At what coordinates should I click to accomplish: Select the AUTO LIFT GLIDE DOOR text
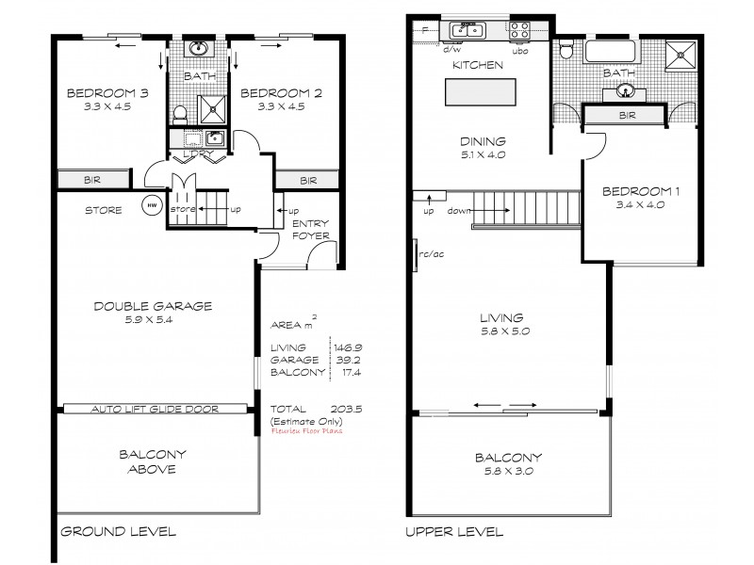[x=156, y=410]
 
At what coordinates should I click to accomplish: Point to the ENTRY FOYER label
[x=311, y=229]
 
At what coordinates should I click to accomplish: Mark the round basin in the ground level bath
[x=200, y=48]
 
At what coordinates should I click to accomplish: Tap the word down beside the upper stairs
[x=459, y=211]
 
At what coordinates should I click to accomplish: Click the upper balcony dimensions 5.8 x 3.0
[x=509, y=472]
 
